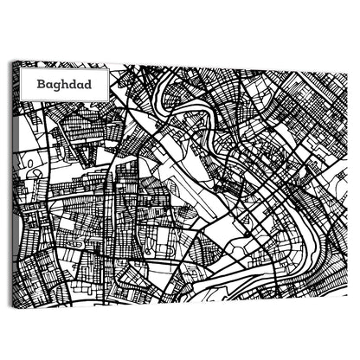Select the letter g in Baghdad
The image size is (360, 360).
57,87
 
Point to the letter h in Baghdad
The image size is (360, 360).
65,86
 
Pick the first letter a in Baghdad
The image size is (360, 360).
50,87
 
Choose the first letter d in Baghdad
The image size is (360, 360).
73,86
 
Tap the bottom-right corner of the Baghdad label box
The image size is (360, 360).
108,100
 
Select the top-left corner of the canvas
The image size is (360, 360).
18,61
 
